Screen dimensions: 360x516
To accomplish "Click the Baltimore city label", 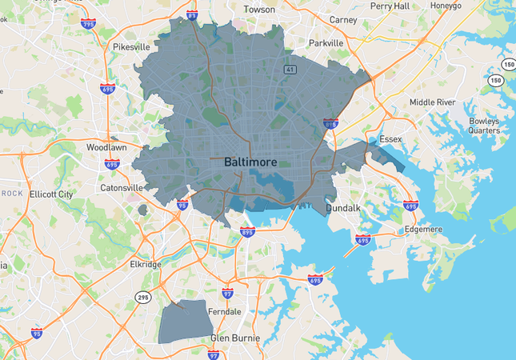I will pos(250,162).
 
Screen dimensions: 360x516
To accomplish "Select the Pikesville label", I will pos(132,47).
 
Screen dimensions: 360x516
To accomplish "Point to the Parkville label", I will pos(326,43).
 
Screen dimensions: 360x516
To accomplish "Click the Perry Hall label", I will pos(390,6).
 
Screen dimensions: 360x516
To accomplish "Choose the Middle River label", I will pos(432,102).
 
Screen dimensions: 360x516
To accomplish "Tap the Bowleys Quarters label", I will pos(484,126).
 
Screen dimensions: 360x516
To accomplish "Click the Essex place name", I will pos(390,138).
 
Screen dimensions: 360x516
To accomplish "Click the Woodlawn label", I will pos(107,148).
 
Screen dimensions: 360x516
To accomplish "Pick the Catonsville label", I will pos(122,188).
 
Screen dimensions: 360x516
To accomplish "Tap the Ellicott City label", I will pos(50,194).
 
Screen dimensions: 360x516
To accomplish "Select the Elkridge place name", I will pos(146,264).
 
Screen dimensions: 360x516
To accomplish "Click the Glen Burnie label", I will pos(235,338).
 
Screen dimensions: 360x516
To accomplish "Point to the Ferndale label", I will pos(225,311).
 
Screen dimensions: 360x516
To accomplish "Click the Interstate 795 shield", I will pos(86,26).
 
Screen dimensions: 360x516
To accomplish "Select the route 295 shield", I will pos(143,297).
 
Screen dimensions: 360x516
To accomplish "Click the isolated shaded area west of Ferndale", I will pos(186,322).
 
